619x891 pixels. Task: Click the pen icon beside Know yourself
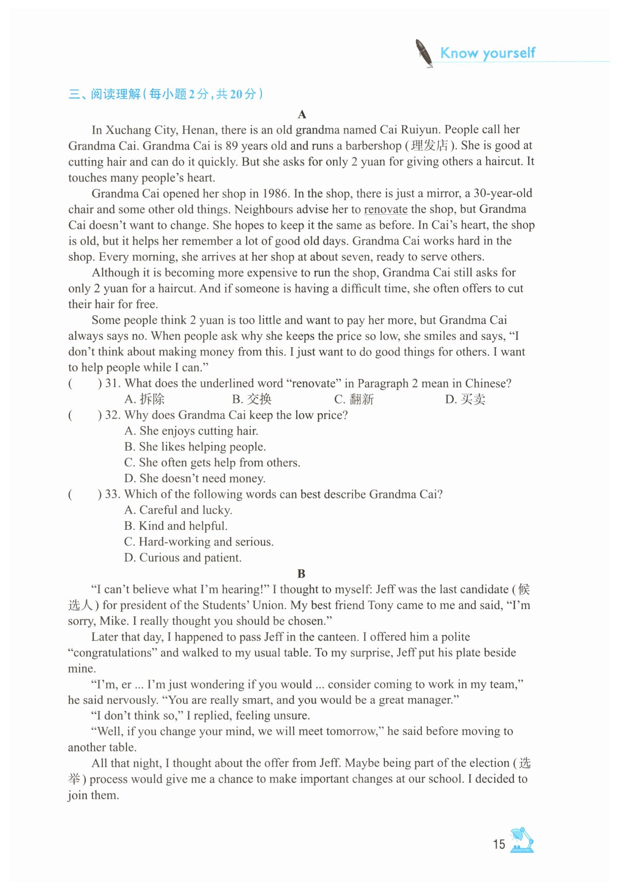click(424, 53)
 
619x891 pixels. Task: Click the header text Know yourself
click(487, 53)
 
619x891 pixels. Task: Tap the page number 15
click(499, 844)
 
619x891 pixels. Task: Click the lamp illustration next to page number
click(523, 840)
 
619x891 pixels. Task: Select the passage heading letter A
click(301, 114)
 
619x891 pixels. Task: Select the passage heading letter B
click(301, 574)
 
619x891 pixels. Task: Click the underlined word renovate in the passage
click(386, 210)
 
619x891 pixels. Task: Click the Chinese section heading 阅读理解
click(116, 94)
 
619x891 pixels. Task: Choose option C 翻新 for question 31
click(354, 399)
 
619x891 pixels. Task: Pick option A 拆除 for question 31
click(144, 399)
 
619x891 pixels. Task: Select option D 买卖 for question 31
click(465, 399)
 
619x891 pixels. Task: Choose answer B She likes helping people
click(195, 447)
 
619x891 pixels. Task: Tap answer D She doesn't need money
click(195, 479)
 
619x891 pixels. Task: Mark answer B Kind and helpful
click(176, 526)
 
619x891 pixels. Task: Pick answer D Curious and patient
click(183, 558)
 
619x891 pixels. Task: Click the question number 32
click(113, 415)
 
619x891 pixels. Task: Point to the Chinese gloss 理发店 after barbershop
click(429, 146)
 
